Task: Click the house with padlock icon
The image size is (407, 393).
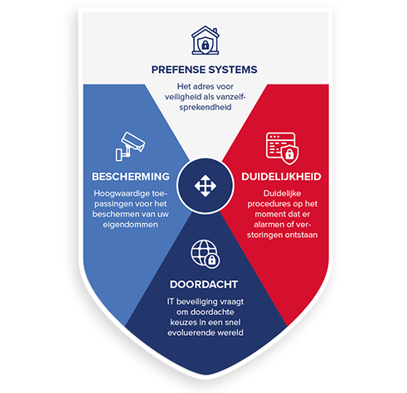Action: (205, 41)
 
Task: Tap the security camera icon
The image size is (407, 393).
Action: (130, 147)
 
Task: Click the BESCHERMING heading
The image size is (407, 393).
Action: (131, 177)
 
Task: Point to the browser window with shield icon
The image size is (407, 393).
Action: (282, 148)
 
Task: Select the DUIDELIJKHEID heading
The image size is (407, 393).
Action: (281, 177)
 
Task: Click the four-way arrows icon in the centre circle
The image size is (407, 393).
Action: (205, 186)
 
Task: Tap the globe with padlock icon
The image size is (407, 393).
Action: (206, 254)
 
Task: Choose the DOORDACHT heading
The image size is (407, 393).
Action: (204, 284)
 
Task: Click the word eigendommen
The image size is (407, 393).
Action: (130, 225)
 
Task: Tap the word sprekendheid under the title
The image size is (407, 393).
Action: (206, 107)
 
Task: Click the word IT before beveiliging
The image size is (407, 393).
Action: (170, 301)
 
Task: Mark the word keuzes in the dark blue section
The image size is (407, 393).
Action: (182, 323)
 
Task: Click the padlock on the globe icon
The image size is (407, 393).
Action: (212, 260)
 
